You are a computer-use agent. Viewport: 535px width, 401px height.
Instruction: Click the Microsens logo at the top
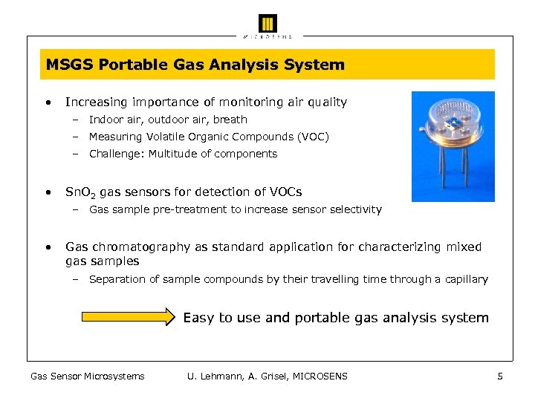pyautogui.click(x=267, y=25)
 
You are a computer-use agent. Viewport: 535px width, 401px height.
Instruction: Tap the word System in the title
pyautogui.click(x=317, y=65)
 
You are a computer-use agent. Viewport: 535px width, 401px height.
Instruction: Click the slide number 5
pyautogui.click(x=500, y=376)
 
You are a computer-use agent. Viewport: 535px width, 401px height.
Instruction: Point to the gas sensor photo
pyautogui.click(x=453, y=146)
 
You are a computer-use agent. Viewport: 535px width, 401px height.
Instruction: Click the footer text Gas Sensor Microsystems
pyautogui.click(x=87, y=376)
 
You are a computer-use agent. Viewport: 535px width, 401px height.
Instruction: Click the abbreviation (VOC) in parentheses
pyautogui.click(x=312, y=137)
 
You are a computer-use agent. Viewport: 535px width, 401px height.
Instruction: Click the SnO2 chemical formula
pyautogui.click(x=80, y=193)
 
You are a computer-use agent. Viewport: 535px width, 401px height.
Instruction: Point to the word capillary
pyautogui.click(x=466, y=279)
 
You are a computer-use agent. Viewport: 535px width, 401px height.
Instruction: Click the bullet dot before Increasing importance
pyautogui.click(x=47, y=102)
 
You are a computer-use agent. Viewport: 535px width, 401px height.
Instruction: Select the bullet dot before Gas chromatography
pyautogui.click(x=47, y=247)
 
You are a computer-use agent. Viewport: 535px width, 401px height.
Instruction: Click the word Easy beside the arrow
pyautogui.click(x=198, y=318)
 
